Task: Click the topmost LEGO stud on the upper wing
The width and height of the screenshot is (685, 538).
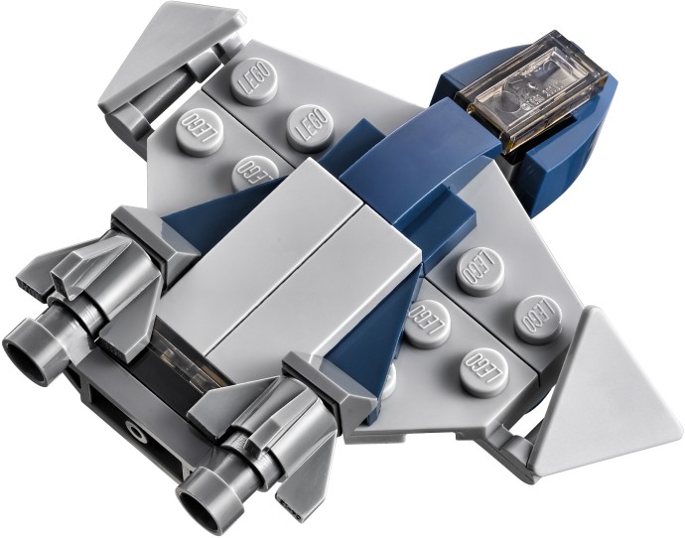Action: coord(254,80)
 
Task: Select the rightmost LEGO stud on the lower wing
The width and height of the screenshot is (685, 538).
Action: coord(536,320)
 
